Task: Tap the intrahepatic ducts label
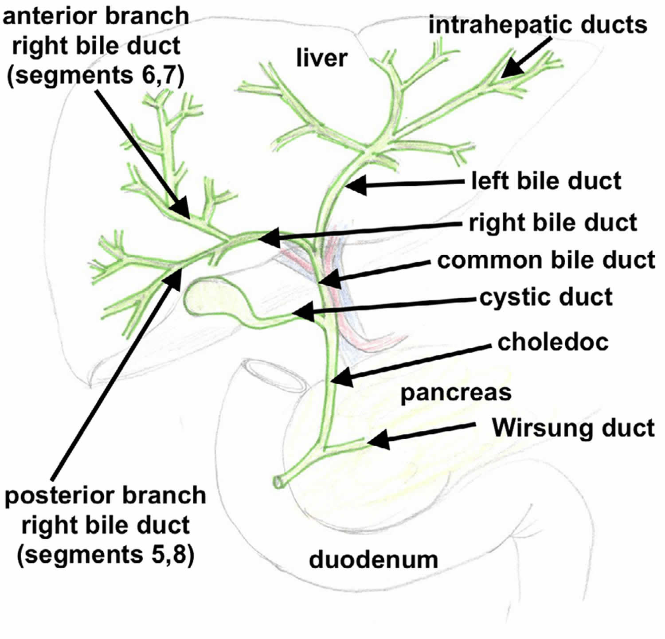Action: (x=538, y=25)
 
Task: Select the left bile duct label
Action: (x=546, y=181)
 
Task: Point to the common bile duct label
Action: (x=546, y=260)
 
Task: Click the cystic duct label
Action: (x=546, y=297)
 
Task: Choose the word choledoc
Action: (x=553, y=342)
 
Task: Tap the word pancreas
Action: (x=456, y=393)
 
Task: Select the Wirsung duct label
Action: (x=573, y=428)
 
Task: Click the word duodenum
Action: (x=373, y=559)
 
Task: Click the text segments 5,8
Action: (x=106, y=554)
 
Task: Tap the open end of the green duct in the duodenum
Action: (x=278, y=482)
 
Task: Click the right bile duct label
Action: (x=553, y=223)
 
